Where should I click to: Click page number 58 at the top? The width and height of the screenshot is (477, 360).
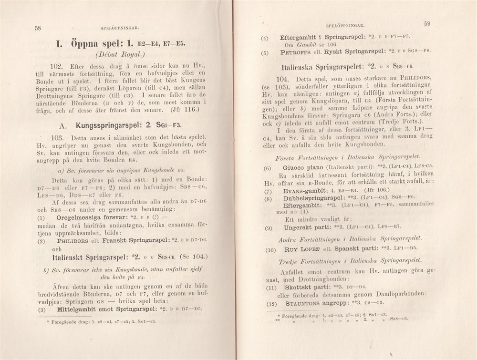[38, 28]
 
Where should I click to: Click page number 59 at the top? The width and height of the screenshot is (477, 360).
[427, 24]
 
